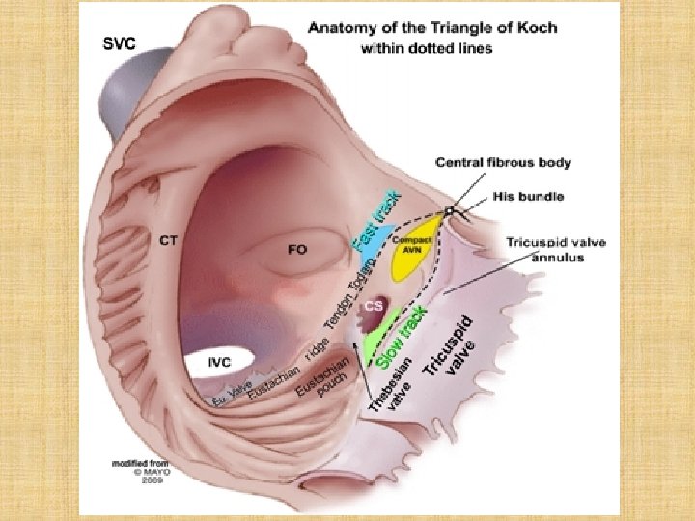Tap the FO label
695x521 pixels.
(297, 250)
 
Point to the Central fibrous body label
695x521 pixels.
(503, 162)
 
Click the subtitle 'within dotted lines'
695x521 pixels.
(425, 48)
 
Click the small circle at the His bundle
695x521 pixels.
(449, 209)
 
